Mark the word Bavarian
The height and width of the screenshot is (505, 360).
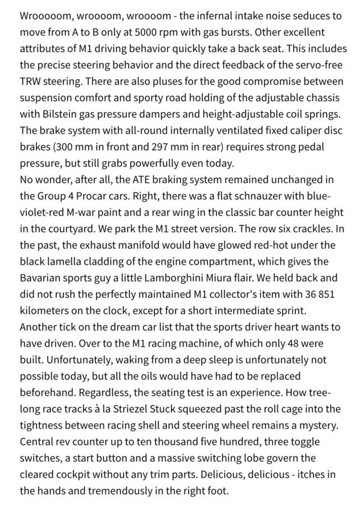point(41,278)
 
